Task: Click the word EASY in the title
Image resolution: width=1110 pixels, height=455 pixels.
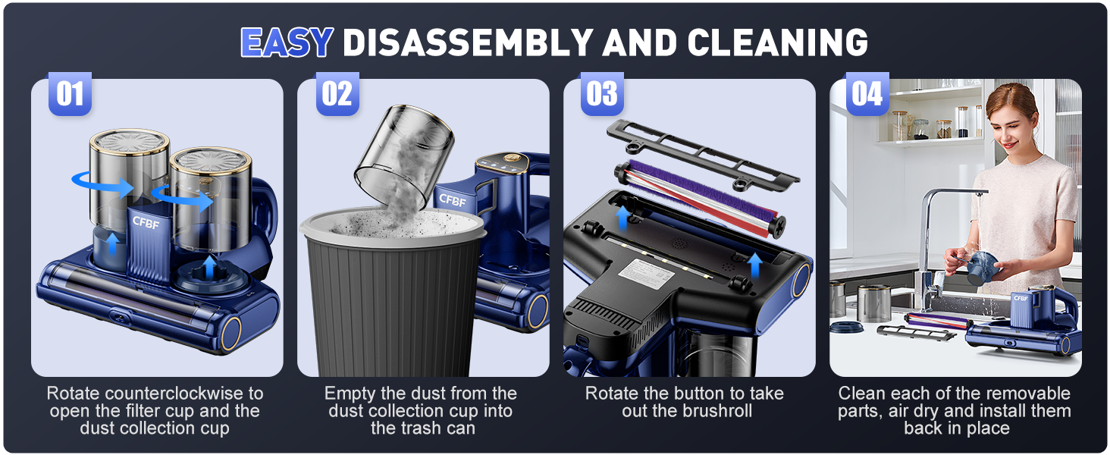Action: click(x=287, y=42)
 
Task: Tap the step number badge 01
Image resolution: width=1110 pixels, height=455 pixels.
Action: click(x=70, y=95)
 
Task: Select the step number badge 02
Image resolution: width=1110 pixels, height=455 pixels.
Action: click(x=337, y=95)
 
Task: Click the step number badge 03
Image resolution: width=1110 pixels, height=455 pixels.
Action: click(x=602, y=95)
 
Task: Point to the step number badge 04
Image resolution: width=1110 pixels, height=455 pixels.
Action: click(x=867, y=95)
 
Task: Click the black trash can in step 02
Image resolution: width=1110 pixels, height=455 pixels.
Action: click(x=394, y=296)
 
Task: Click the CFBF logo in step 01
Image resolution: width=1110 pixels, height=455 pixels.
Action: click(x=146, y=222)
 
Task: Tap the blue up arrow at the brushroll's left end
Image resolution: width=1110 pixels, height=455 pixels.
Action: click(x=623, y=217)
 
